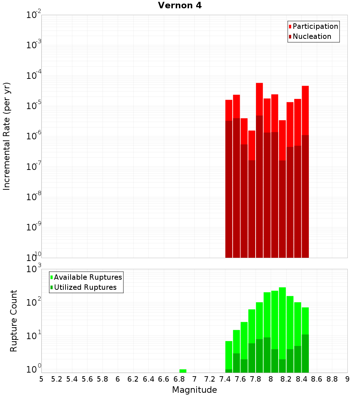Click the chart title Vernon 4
point(180,6)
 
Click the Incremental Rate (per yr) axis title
point(7,136)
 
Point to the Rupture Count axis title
point(14,321)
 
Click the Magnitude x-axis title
point(194,390)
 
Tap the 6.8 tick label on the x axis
point(179,379)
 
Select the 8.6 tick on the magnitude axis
point(317,379)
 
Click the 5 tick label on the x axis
point(41,379)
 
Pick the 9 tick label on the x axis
point(347,379)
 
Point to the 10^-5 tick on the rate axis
point(34,106)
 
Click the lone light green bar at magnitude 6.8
point(183,371)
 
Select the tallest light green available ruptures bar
point(282,324)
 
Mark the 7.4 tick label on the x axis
point(225,379)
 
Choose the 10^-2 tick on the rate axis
point(34,15)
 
